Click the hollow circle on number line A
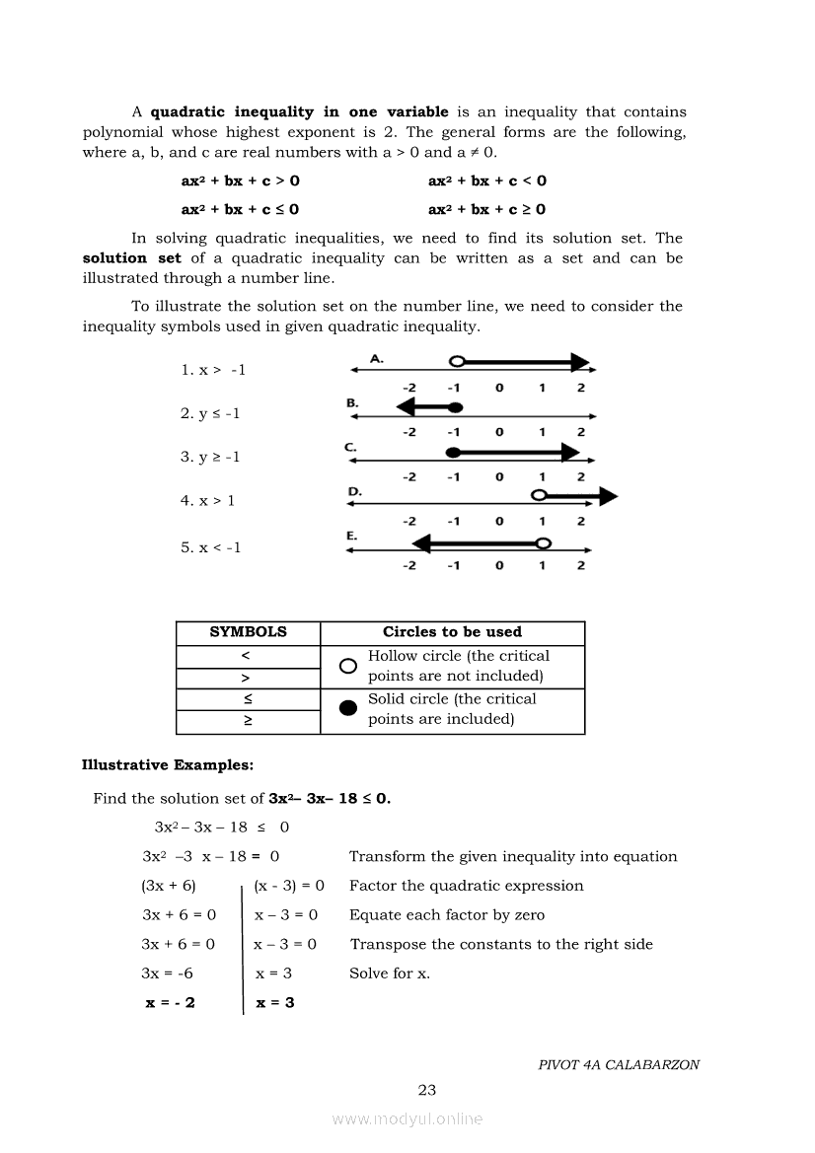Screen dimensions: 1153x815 tap(456, 362)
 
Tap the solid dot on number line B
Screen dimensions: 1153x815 tap(454, 406)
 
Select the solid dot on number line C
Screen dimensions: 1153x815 tap(454, 452)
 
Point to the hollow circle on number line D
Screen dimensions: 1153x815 tap(539, 495)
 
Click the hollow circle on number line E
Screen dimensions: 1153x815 tap(543, 542)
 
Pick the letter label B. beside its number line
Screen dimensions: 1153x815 tap(353, 402)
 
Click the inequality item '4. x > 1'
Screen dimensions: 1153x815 tap(207, 501)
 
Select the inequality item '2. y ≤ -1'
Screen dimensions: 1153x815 tap(209, 413)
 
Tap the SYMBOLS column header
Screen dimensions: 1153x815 tap(248, 632)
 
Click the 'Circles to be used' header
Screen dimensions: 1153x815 tap(452, 632)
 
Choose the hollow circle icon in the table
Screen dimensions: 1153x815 tap(347, 667)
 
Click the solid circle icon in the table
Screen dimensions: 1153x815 tap(347, 710)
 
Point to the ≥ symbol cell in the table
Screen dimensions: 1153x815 tap(248, 722)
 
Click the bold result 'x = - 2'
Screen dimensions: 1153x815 tap(170, 1003)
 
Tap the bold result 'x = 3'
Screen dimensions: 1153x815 tap(275, 1003)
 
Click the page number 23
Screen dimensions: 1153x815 tap(427, 1090)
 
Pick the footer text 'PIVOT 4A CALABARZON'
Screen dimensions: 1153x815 tap(619, 1065)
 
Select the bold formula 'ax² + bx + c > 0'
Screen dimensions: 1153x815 tap(241, 180)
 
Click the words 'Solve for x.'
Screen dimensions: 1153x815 tap(390, 973)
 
